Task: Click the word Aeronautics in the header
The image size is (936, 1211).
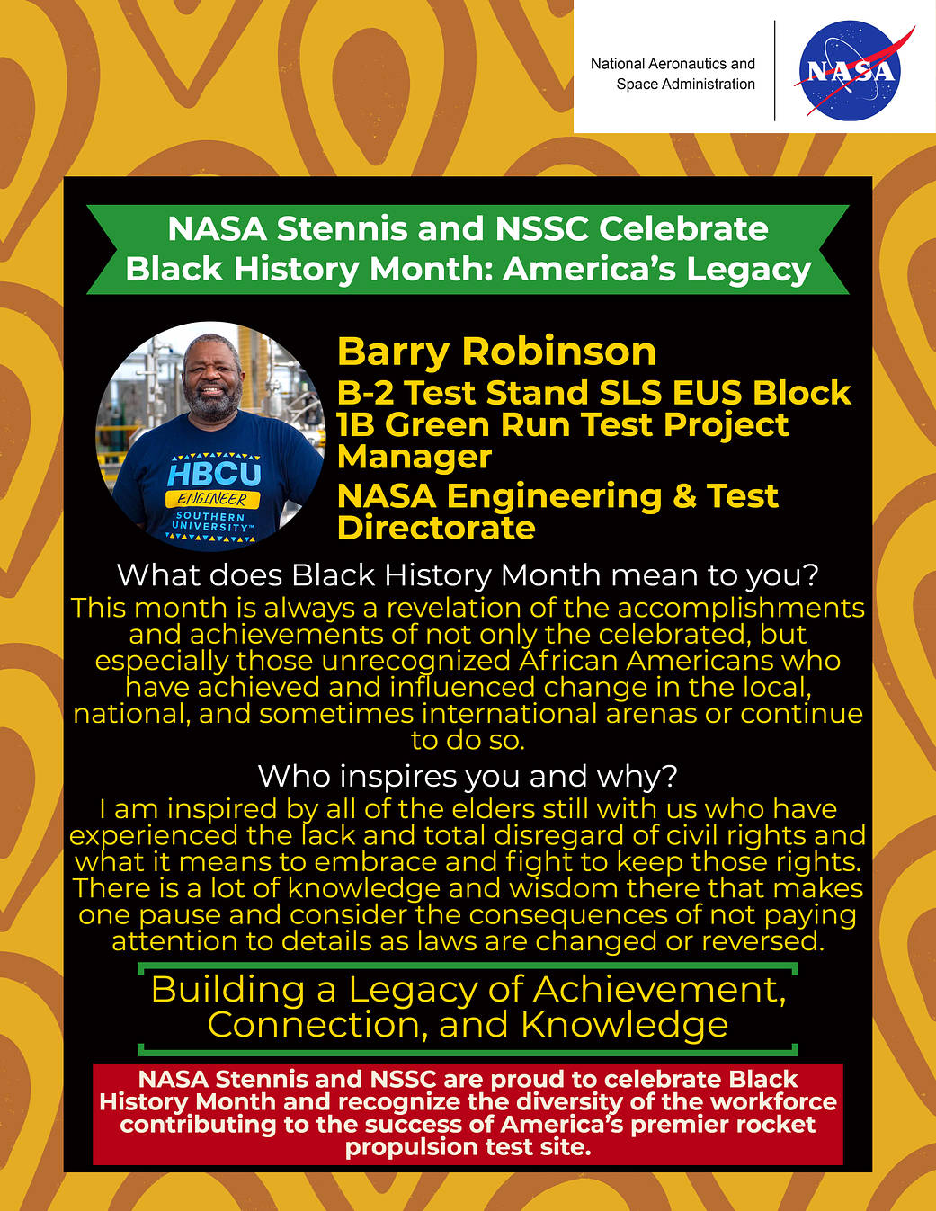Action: (x=687, y=64)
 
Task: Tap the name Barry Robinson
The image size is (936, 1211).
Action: (x=496, y=352)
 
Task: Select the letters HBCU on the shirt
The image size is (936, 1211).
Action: (x=213, y=474)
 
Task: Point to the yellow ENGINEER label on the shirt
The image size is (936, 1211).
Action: (x=212, y=499)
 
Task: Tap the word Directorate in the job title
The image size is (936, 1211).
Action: (x=436, y=528)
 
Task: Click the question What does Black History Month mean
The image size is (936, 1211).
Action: (x=468, y=575)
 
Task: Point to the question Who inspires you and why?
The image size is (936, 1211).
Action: (x=468, y=775)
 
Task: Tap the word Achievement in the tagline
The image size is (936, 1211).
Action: (x=659, y=989)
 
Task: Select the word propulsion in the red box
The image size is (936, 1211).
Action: (x=404, y=1147)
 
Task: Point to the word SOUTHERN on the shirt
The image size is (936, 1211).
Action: (x=210, y=517)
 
